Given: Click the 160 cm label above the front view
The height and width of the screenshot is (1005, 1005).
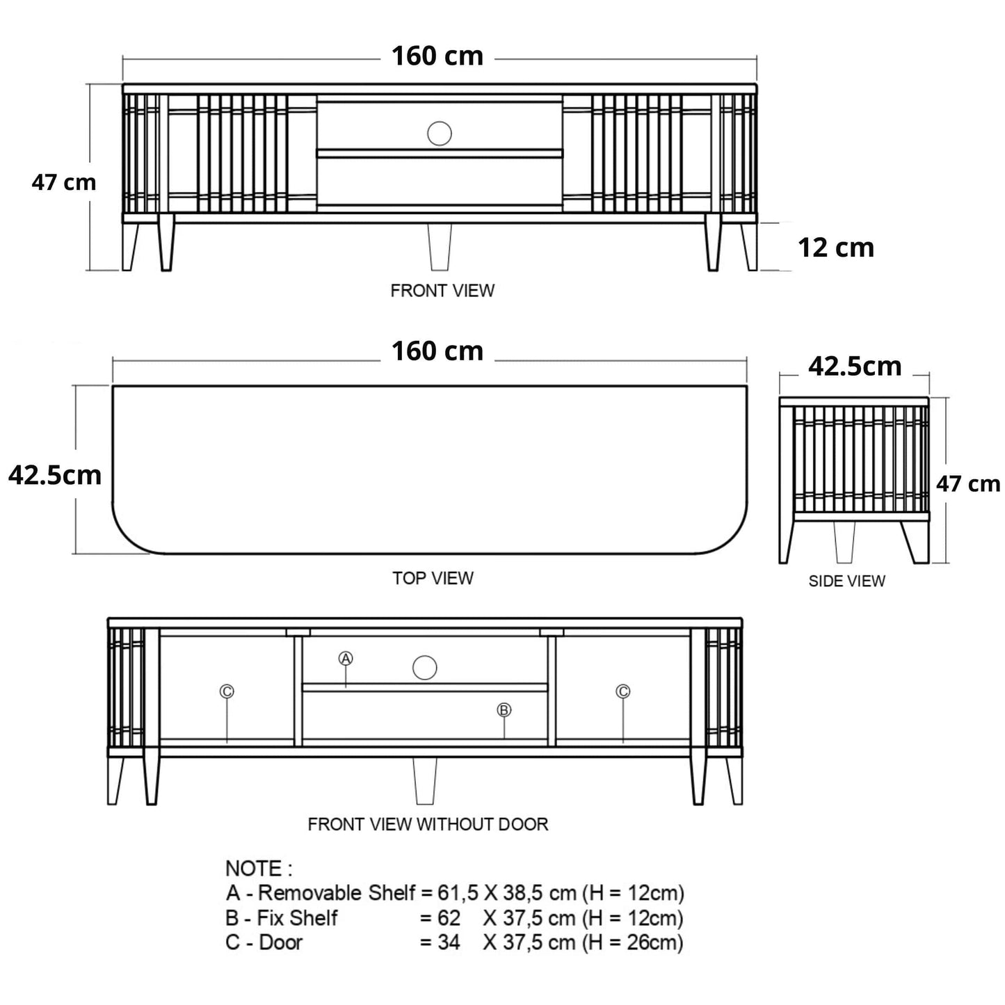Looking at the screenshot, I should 437,56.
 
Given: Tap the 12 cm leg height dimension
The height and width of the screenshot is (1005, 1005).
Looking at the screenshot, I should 835,248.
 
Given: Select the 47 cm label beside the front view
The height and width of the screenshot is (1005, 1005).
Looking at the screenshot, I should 63,183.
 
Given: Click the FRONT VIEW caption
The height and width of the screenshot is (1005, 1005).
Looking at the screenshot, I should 442,291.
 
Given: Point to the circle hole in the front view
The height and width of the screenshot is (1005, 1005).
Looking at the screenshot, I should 439,133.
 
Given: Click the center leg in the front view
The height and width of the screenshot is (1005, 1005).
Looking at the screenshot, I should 440,247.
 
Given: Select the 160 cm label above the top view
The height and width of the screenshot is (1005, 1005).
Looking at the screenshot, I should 437,351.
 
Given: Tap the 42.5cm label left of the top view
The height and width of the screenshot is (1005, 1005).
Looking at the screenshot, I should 55,475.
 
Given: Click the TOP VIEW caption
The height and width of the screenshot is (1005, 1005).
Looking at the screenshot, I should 433,578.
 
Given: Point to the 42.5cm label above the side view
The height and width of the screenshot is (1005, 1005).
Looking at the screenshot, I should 854,367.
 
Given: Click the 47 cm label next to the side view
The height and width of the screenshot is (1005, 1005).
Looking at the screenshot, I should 967,484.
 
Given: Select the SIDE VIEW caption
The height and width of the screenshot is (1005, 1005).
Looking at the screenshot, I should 846,581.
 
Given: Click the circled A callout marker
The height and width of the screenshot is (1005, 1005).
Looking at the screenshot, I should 346,658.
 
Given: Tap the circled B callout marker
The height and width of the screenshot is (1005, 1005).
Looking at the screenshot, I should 504,709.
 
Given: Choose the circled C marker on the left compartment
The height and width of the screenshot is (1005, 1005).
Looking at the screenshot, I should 227,691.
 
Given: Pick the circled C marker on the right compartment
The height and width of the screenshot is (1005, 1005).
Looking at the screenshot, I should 622,691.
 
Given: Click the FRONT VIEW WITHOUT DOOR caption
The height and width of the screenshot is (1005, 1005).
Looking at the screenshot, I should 428,824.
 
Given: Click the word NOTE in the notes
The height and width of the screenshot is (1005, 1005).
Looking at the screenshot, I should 254,869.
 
